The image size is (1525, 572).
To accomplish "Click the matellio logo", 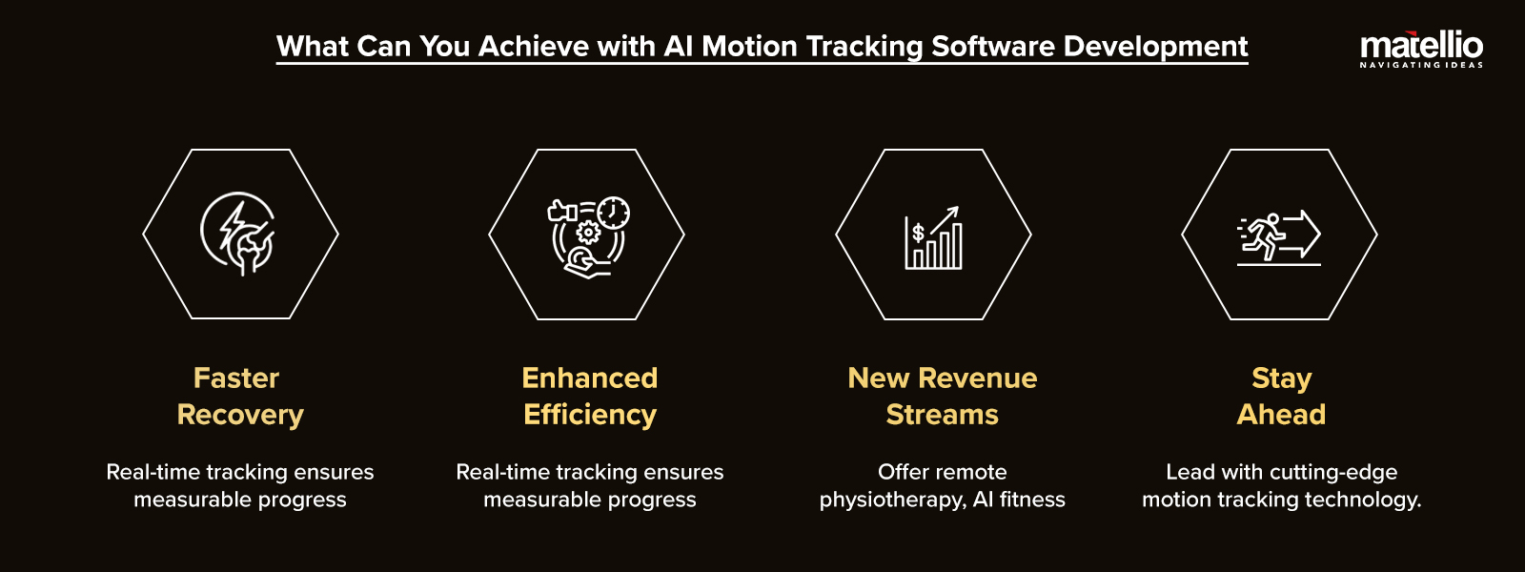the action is pyautogui.click(x=1421, y=49).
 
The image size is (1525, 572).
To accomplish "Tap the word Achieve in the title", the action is pyautogui.click(x=533, y=47).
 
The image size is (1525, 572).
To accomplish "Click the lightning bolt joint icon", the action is pyautogui.click(x=238, y=234).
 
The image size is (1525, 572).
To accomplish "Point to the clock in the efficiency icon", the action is pyautogui.click(x=614, y=214).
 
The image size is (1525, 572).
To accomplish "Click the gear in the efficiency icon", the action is pyautogui.click(x=587, y=233).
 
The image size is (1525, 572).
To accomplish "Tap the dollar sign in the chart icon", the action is pyautogui.click(x=919, y=233).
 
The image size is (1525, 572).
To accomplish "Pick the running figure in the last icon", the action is pyautogui.click(x=1264, y=236).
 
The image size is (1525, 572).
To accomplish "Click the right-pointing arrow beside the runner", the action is pyautogui.click(x=1301, y=235).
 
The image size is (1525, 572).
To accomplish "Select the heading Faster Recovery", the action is pyautogui.click(x=239, y=397).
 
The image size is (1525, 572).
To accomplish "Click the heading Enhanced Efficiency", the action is pyautogui.click(x=590, y=397).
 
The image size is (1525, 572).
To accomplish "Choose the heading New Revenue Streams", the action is pyautogui.click(x=943, y=397).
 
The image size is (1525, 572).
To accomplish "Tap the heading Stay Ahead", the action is pyautogui.click(x=1281, y=397).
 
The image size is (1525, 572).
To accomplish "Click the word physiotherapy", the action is pyautogui.click(x=892, y=500).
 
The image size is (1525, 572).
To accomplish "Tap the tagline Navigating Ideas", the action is pyautogui.click(x=1421, y=65).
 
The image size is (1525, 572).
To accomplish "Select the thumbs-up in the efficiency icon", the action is pyautogui.click(x=561, y=211).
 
